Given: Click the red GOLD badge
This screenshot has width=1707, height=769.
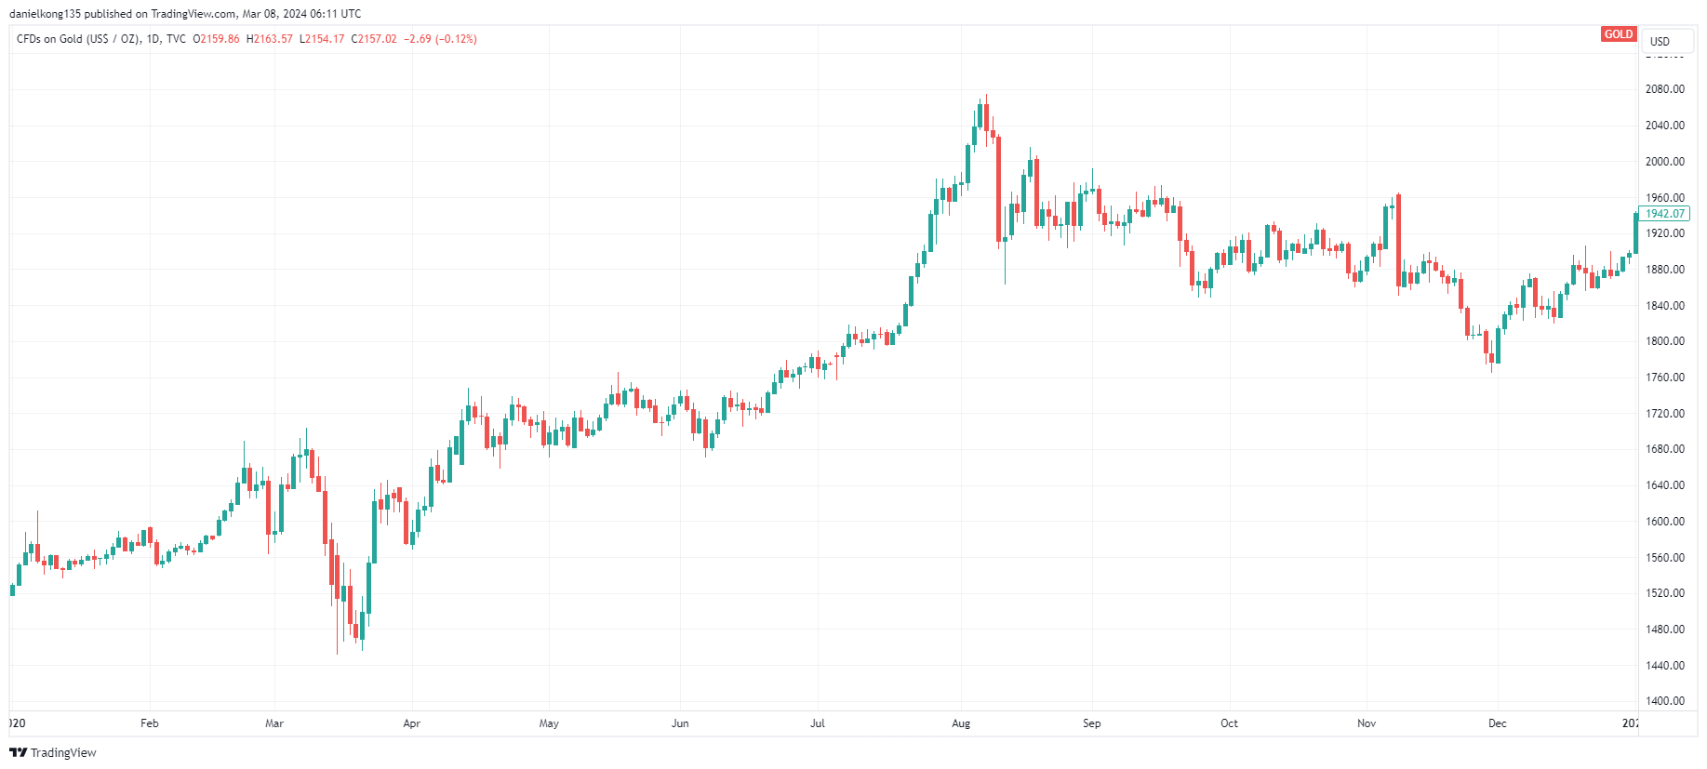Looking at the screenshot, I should (1618, 34).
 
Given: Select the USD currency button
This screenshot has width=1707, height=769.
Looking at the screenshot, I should (1660, 41).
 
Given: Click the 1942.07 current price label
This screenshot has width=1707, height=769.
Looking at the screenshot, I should (1664, 214).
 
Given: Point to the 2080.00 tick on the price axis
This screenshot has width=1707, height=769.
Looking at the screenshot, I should (1664, 89).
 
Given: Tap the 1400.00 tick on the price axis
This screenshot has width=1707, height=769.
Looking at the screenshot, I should (1664, 701).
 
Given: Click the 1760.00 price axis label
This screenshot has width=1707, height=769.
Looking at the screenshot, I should (1664, 378).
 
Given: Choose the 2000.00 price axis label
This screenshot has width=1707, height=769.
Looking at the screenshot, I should (1664, 162).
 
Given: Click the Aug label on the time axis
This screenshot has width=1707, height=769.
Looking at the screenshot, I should (961, 723).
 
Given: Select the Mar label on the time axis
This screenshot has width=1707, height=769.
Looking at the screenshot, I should (274, 723).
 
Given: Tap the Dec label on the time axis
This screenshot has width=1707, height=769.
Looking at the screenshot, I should (1497, 723).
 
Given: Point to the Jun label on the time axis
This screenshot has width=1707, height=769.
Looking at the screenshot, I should (680, 723).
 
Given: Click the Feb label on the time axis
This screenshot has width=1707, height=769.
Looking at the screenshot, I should (150, 723).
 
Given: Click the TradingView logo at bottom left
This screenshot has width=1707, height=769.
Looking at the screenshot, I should (53, 752).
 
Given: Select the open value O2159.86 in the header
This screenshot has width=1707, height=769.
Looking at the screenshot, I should (216, 39).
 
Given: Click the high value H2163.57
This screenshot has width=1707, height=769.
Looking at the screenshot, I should (270, 39).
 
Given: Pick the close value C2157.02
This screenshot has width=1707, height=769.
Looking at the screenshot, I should (374, 39).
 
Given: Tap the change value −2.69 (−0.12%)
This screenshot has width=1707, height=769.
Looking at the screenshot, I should (440, 39).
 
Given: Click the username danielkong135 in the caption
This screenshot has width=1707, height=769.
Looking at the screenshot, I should (46, 14).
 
